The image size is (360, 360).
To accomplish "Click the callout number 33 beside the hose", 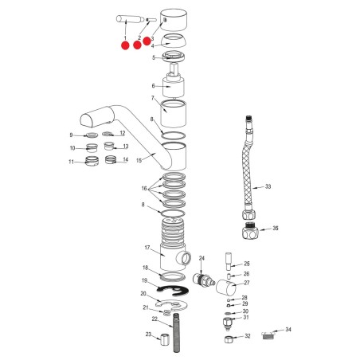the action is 268,186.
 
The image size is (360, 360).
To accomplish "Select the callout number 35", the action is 276,228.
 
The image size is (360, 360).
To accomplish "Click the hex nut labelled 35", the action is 250,230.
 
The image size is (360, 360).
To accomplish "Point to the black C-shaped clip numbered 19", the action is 172,291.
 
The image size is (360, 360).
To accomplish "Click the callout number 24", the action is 202,258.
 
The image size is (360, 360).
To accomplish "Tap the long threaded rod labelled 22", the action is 176,332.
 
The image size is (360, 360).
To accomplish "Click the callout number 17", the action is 147,248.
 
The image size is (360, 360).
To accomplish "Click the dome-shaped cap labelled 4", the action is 174,41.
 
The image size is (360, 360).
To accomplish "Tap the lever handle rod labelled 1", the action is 130,19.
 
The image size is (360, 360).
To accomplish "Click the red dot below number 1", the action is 125,45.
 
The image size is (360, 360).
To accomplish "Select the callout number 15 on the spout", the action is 139,161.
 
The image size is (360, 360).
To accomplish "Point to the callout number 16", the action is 144,189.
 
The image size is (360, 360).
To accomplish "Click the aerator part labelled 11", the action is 92,160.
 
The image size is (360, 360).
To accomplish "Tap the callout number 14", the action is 125,159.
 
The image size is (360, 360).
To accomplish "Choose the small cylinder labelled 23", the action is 165,340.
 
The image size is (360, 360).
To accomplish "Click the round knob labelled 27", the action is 225,288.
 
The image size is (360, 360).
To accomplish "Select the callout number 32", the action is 248,336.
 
